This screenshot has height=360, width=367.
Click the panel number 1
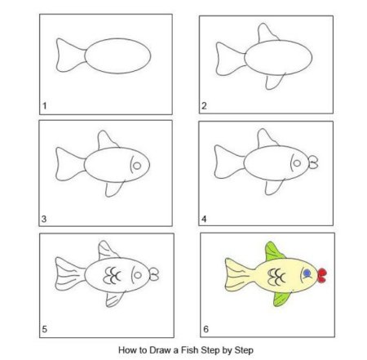[45, 105]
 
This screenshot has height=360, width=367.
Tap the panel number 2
[204, 105]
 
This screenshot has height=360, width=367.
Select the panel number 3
[44, 219]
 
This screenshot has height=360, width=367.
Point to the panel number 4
[204, 219]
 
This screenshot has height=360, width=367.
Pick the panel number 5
[45, 329]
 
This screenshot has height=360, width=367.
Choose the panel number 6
[206, 329]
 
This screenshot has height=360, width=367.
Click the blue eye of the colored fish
[307, 273]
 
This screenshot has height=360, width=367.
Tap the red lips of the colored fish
[322, 275]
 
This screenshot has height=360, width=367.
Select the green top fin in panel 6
[273, 251]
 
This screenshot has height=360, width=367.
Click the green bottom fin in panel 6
[281, 299]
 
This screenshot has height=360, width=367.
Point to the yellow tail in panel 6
[239, 275]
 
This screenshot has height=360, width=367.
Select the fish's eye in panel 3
[137, 166]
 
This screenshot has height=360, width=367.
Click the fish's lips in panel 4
[313, 162]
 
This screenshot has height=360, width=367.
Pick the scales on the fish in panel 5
[112, 275]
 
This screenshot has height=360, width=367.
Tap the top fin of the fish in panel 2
[268, 33]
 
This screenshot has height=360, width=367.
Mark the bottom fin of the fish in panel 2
[275, 81]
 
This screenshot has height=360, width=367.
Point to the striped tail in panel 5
[70, 273]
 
